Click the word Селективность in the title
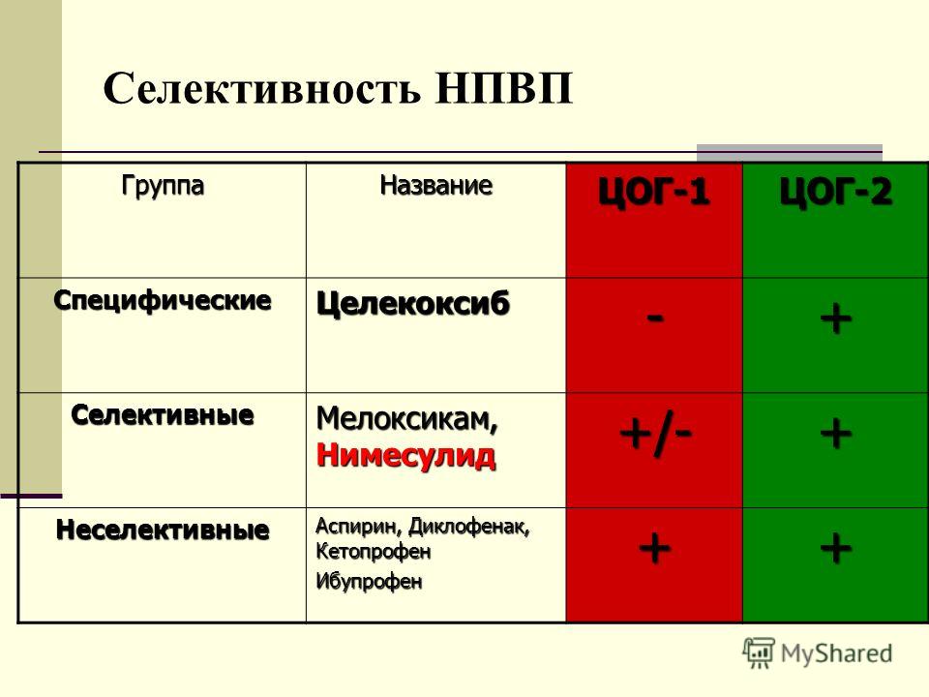click(x=262, y=89)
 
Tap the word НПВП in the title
click(x=504, y=89)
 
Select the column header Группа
click(x=163, y=186)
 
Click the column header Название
click(x=436, y=185)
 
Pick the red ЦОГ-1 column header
click(x=653, y=191)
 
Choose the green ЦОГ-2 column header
click(x=835, y=191)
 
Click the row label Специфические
click(x=163, y=300)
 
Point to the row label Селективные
click(x=163, y=415)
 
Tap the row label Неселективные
click(x=163, y=530)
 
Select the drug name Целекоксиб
click(x=413, y=303)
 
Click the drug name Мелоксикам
click(x=407, y=418)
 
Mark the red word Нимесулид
click(x=405, y=455)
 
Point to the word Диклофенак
click(x=469, y=527)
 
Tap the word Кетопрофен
click(x=374, y=552)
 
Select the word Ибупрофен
click(x=369, y=581)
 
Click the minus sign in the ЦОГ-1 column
click(x=655, y=318)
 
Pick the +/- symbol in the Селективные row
click(x=655, y=435)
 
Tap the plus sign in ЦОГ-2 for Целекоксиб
click(x=836, y=318)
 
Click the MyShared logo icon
click(x=759, y=653)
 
